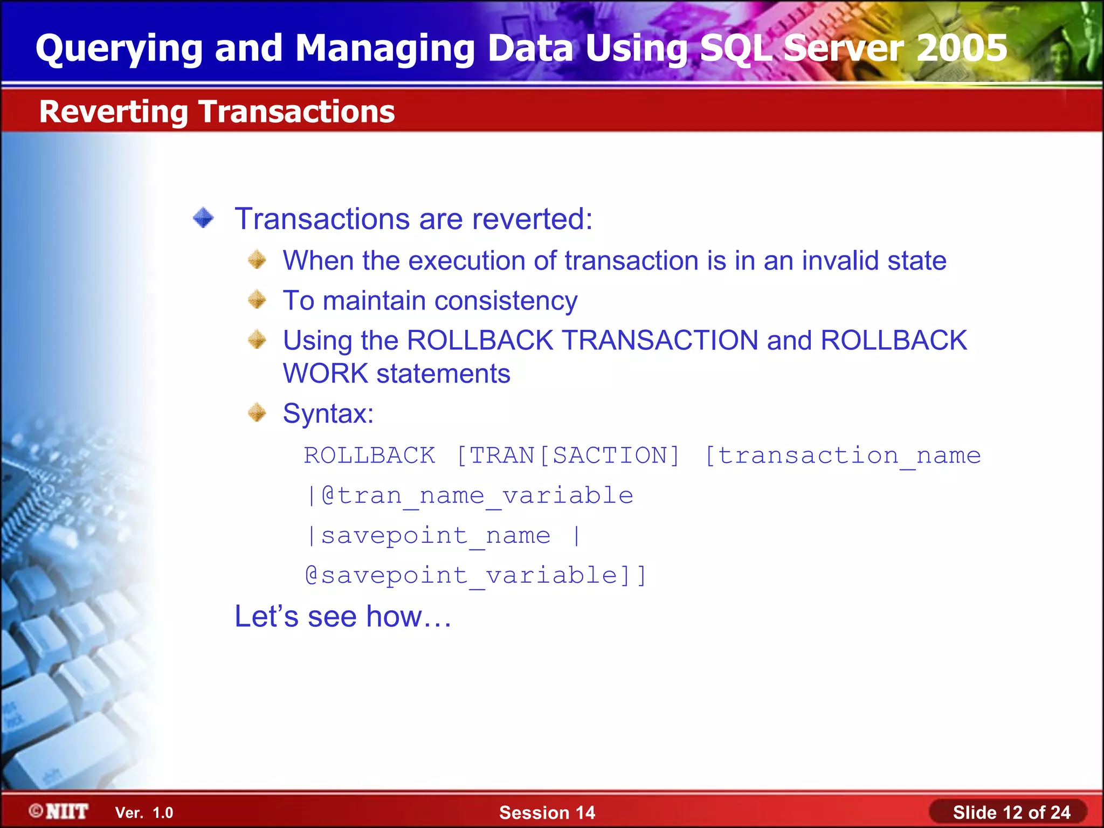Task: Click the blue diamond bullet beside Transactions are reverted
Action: [x=204, y=218]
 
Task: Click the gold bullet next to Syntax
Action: [x=257, y=413]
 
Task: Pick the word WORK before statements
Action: [x=325, y=374]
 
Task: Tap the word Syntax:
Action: [x=328, y=414]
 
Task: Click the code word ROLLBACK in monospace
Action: [x=369, y=456]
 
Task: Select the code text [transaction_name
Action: [x=843, y=456]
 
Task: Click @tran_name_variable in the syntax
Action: [x=477, y=496]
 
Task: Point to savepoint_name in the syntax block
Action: [x=436, y=536]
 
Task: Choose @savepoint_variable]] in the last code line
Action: [x=475, y=575]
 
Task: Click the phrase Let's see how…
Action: [x=343, y=616]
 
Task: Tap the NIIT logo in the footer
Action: [x=59, y=811]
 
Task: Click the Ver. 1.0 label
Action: [x=144, y=812]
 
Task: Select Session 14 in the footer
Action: [x=547, y=812]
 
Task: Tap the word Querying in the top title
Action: [x=119, y=47]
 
